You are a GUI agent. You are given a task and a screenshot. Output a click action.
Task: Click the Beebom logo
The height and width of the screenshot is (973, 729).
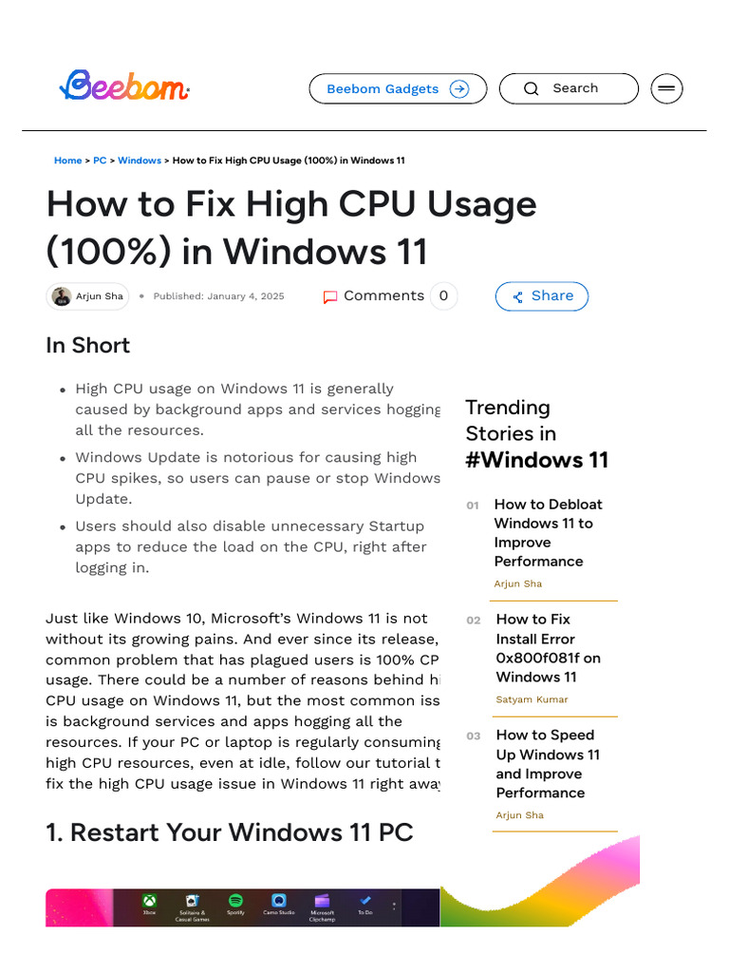point(124,87)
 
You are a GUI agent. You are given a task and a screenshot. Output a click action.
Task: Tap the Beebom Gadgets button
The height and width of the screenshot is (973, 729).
point(398,88)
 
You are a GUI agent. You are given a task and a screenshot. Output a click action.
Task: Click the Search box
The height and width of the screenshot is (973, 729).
point(569,88)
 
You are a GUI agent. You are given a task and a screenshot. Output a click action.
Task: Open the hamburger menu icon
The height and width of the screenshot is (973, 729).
point(666,88)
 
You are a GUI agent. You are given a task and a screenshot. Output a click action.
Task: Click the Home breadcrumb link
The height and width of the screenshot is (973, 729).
point(67,161)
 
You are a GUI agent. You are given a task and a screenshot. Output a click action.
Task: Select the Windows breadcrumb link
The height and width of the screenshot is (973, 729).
point(140,161)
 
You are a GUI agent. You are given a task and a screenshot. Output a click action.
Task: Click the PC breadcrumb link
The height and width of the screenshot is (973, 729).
point(100,161)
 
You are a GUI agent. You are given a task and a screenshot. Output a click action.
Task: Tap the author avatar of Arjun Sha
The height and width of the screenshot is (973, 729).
point(62,296)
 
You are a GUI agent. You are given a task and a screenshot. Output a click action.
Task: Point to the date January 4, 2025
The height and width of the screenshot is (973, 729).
point(246,296)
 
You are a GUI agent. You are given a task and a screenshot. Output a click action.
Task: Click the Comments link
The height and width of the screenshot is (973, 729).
point(374,296)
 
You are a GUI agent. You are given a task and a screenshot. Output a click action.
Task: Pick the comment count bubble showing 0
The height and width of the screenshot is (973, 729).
point(443,296)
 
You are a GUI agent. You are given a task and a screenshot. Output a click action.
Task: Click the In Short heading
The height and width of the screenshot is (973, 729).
point(87,345)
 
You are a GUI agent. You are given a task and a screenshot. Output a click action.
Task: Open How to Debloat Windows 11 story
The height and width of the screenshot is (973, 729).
point(548,532)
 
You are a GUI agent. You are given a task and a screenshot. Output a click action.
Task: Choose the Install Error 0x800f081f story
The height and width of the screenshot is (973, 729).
point(548,648)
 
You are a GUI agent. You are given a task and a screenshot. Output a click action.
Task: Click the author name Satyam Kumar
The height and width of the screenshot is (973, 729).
point(532,699)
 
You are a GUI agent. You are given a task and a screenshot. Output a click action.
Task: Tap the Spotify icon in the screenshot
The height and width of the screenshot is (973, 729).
point(235,902)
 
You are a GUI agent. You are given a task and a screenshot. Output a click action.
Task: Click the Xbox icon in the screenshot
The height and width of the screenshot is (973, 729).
point(149,902)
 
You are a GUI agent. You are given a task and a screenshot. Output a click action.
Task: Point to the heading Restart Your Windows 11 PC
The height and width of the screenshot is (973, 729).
point(230,832)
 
